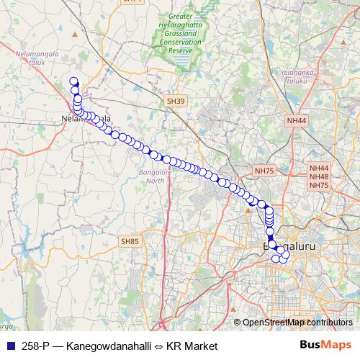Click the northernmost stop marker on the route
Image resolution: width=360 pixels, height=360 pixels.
pos(73,81)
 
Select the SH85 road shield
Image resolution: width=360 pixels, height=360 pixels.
pos(130,241)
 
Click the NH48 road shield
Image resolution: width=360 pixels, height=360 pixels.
pos(318,176)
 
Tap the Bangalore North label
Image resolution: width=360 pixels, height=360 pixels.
pos(153,176)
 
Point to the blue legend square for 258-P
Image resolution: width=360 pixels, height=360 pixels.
pos(9,346)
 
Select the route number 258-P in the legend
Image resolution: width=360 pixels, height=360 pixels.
pos(36,346)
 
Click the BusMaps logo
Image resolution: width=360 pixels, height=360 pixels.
pos(325,345)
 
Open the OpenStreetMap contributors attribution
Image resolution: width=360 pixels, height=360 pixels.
pos(297,323)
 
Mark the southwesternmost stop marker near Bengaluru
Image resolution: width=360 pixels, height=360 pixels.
pos(275,258)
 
